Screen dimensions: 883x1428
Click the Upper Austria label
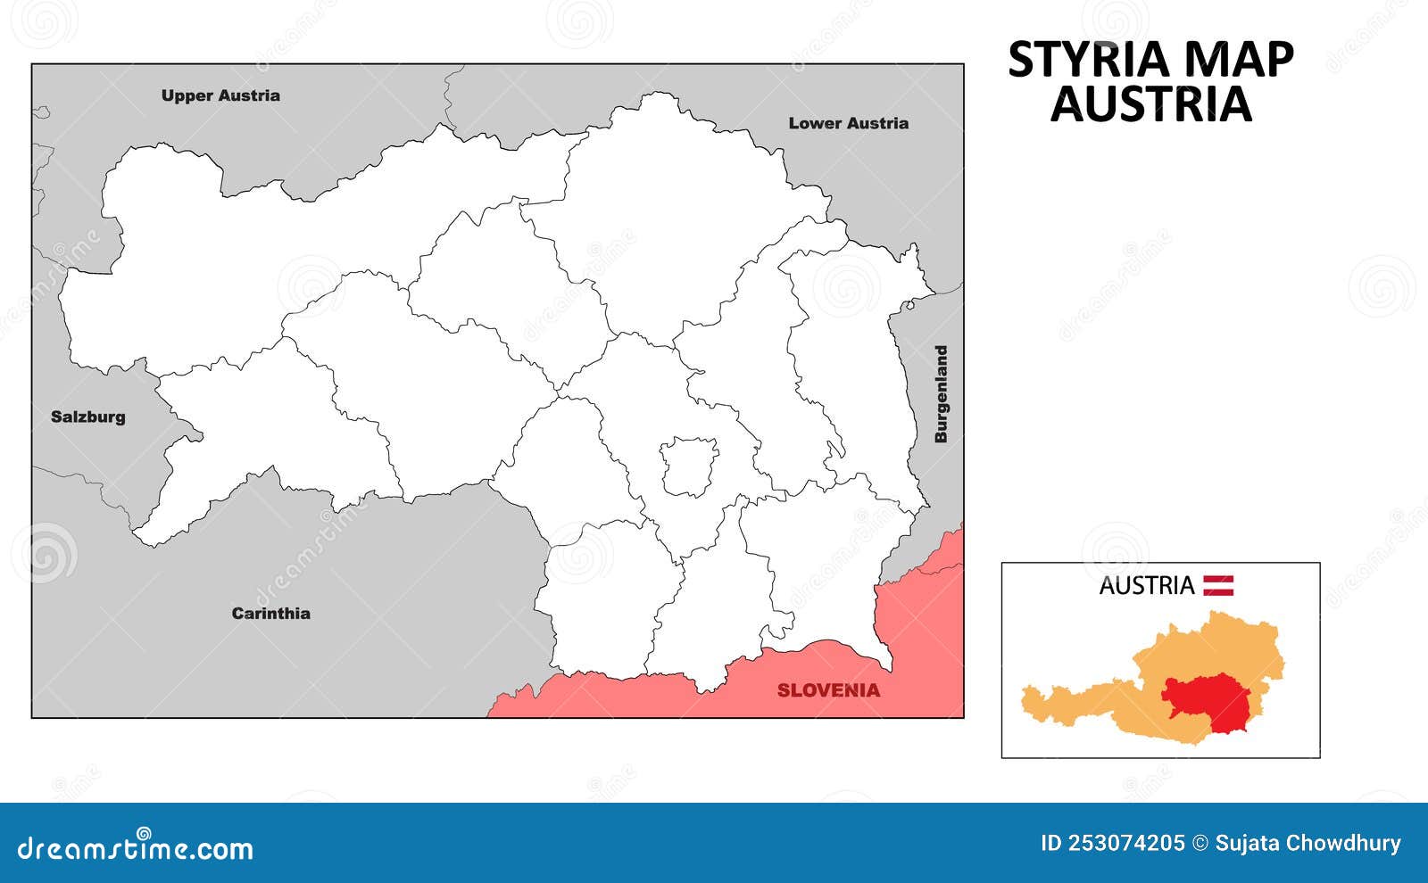tap(220, 95)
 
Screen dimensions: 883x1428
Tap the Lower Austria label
tap(848, 123)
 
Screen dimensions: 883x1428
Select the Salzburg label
tap(87, 417)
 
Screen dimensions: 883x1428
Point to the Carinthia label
tap(270, 613)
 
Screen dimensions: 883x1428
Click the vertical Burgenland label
tap(941, 394)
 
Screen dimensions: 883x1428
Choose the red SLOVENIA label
tap(828, 689)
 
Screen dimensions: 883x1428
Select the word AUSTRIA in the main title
tap(1150, 104)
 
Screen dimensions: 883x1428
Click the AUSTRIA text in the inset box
tap(1146, 586)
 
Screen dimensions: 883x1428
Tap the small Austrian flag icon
tap(1218, 585)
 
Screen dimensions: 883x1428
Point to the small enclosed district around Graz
tap(689, 466)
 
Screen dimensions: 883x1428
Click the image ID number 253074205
tap(1112, 843)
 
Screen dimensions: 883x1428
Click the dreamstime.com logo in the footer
tap(136, 847)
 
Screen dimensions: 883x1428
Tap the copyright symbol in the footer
tap(1200, 843)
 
